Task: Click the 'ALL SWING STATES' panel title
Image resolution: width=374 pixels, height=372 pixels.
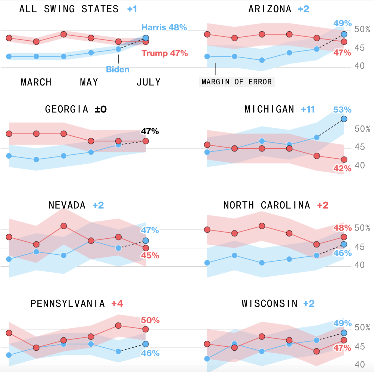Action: tap(69, 9)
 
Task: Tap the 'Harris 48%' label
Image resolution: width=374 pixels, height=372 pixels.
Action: tap(164, 28)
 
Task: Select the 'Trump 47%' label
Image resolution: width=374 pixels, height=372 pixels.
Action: tap(165, 54)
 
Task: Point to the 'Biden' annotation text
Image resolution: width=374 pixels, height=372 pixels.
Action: tap(117, 70)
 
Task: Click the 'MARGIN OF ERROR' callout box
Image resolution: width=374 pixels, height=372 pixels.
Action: tap(237, 82)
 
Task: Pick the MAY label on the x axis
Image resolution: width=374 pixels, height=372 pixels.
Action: tap(89, 82)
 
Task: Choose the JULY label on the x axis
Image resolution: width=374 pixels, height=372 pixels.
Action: tap(148, 82)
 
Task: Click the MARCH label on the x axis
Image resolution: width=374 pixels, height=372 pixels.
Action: tap(36, 82)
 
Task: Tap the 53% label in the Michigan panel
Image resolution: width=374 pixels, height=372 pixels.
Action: tap(342, 110)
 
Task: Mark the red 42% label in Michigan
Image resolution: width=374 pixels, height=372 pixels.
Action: tap(342, 169)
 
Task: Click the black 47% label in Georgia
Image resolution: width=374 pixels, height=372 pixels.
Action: tap(150, 132)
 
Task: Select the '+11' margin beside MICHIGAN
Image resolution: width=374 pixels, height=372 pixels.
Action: tap(308, 109)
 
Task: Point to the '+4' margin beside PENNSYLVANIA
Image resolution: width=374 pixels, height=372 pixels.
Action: tap(117, 303)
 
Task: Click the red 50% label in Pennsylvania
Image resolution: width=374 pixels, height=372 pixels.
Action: tap(150, 320)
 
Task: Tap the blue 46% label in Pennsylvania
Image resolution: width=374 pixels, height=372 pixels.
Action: tap(150, 353)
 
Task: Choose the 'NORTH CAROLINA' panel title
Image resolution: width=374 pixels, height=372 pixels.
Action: tap(267, 205)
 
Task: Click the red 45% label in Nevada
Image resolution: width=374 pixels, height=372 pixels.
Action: tap(150, 256)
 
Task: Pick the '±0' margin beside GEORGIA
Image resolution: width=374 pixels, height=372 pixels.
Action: tap(101, 109)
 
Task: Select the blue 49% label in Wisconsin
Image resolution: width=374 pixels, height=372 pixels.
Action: tap(342, 323)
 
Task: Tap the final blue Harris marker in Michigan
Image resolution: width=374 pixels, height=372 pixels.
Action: tap(344, 119)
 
